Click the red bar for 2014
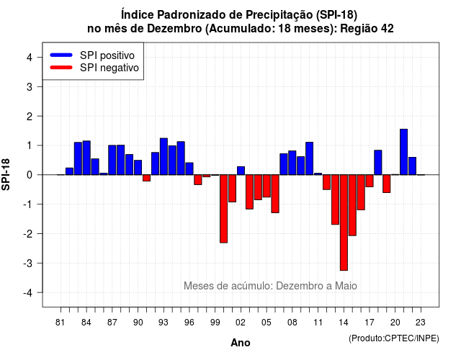point(344,222)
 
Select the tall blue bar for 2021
point(403,152)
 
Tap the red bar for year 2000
point(223,209)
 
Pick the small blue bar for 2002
point(241,171)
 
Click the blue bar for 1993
point(164,156)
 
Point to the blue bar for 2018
point(378,163)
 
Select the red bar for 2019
point(387,184)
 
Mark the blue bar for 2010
point(309,158)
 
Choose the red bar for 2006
point(275,194)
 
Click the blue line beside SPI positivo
point(61,55)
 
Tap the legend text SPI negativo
point(109,68)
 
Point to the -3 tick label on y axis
point(29,264)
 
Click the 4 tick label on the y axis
point(30,58)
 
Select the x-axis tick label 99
point(215,323)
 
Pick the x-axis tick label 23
point(421,323)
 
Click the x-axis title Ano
point(241,343)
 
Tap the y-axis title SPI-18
point(6,174)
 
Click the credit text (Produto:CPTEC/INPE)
point(394,338)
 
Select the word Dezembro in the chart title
point(174,29)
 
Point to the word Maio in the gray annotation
point(346,286)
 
